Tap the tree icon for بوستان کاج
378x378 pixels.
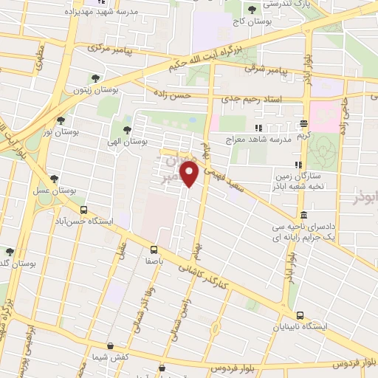[252, 10]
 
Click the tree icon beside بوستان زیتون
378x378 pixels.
[94, 78]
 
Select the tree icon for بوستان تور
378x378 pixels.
[61, 120]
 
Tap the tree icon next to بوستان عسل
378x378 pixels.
[53, 178]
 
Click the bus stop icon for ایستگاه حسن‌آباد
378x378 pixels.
[83, 210]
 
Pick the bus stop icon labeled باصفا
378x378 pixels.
[154, 250]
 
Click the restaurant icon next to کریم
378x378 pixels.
[303, 123]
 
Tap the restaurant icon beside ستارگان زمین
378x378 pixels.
[298, 165]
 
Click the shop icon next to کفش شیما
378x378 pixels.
[110, 346]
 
